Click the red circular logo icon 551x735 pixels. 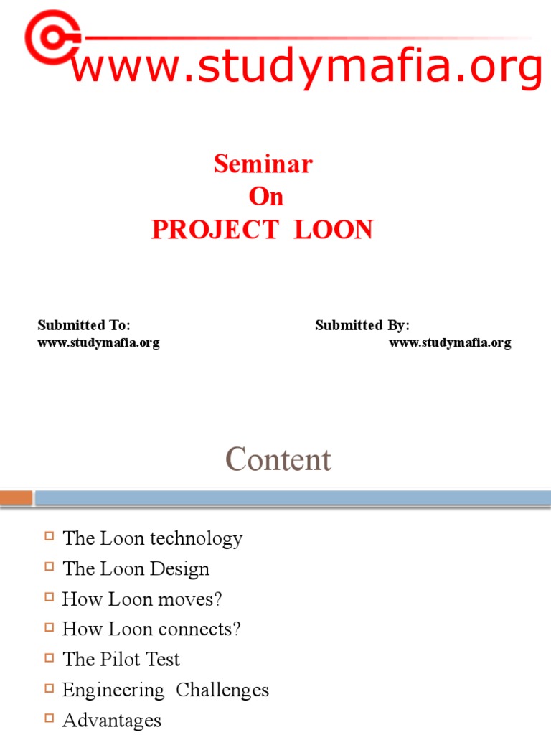[51, 36]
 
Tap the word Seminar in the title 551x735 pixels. [263, 164]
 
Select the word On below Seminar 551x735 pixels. [266, 197]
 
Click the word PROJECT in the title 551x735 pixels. [215, 230]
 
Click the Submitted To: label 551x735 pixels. [84, 325]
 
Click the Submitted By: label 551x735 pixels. [362, 325]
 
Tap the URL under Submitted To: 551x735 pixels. [98, 342]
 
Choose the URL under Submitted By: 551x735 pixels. [450, 342]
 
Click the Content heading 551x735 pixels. [278, 460]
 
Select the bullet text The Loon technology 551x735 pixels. [152, 538]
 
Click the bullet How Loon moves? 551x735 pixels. [142, 599]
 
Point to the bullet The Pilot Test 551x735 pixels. [121, 659]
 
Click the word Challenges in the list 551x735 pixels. [222, 690]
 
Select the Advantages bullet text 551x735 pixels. [112, 720]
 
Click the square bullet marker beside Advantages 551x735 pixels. [49, 718]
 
